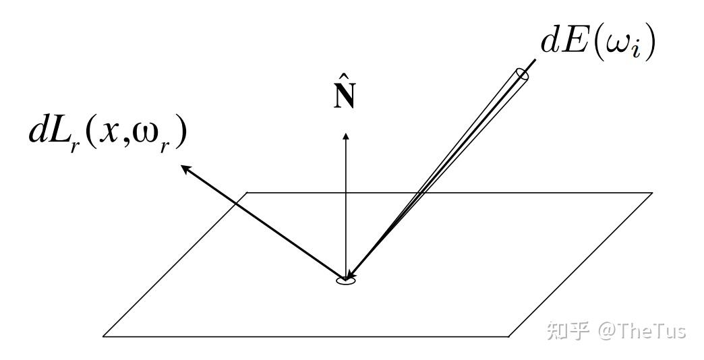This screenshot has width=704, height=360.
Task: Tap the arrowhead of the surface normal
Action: click(346, 136)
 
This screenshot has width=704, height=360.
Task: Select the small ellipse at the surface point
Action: click(345, 279)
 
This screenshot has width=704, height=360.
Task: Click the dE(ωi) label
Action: click(597, 42)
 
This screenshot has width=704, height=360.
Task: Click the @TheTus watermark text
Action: click(641, 330)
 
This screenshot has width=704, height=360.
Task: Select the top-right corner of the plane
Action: click(651, 193)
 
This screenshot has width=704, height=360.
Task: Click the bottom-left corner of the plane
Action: click(103, 336)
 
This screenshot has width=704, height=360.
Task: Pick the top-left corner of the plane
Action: click(248, 193)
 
